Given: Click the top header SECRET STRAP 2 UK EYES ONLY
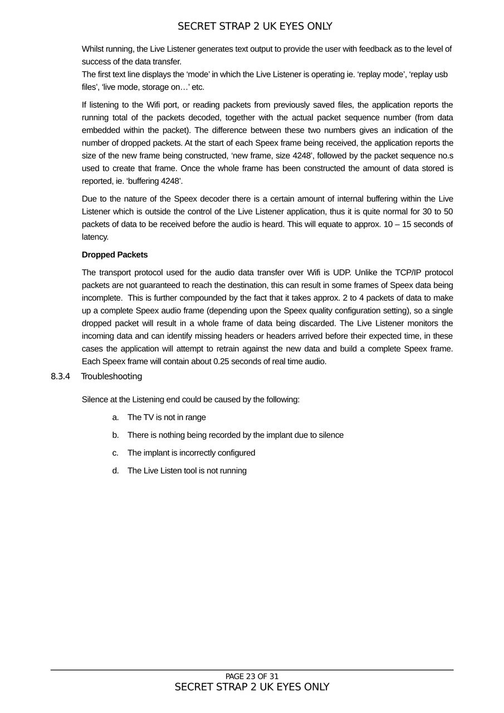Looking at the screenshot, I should point(255,26).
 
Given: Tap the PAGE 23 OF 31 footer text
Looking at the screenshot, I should point(252,677).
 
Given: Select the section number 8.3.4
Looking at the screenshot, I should point(60,377).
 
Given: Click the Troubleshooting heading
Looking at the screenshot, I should point(111,377).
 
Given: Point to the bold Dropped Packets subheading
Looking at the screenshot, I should point(115,255).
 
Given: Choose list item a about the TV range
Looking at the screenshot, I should point(167,417).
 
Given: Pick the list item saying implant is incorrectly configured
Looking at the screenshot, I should point(191,453).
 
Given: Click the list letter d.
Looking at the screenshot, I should point(115,471).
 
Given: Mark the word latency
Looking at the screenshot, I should point(95,237).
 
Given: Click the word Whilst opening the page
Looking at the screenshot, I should point(94,49).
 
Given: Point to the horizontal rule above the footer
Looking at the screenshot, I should point(252,670).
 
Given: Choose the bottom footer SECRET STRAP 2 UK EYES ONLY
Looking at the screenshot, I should point(252,687).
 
